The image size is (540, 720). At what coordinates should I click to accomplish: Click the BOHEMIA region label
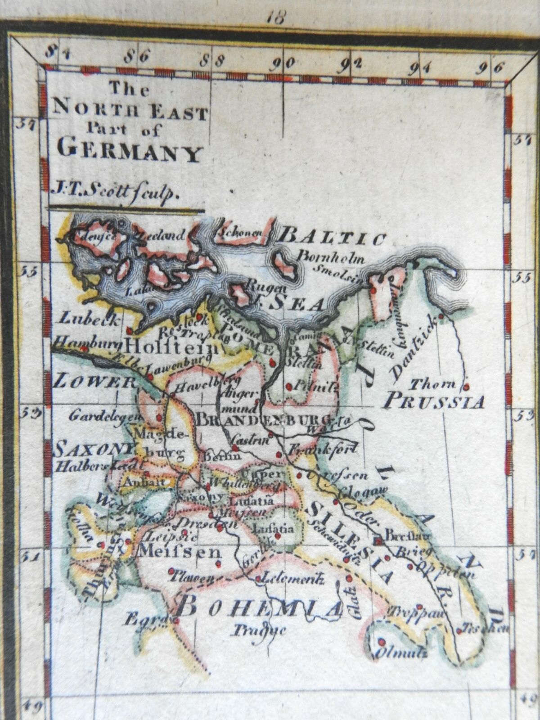coord(258,609)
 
